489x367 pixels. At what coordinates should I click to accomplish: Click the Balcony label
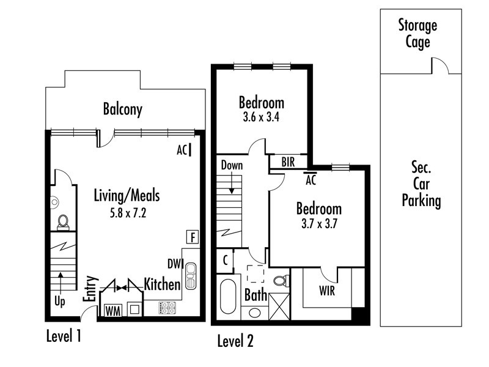[x=123, y=109]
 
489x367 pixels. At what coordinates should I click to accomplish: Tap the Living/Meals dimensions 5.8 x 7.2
[x=128, y=213]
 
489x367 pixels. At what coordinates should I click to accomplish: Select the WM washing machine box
[x=113, y=311]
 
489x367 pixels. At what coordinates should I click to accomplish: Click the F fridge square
[x=193, y=237]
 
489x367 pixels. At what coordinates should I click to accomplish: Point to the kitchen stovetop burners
[x=167, y=308]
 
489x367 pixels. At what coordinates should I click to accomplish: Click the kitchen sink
[x=191, y=276]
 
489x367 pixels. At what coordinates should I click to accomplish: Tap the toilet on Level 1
[x=64, y=222]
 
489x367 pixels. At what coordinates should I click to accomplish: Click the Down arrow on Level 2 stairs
[x=232, y=182]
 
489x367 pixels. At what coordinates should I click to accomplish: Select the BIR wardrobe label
[x=288, y=162]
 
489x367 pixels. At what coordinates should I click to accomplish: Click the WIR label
[x=327, y=291]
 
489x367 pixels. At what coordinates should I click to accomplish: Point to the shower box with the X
[x=279, y=306]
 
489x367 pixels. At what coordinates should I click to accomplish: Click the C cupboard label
[x=225, y=259]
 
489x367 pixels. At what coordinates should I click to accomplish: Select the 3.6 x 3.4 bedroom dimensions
[x=261, y=117]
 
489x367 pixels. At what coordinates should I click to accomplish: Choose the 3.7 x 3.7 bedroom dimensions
[x=319, y=224]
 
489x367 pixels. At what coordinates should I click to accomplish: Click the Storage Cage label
[x=417, y=34]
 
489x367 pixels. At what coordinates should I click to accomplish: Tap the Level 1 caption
[x=64, y=336]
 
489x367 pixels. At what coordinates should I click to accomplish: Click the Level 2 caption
[x=235, y=341]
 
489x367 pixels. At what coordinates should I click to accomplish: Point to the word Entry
[x=90, y=288]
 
